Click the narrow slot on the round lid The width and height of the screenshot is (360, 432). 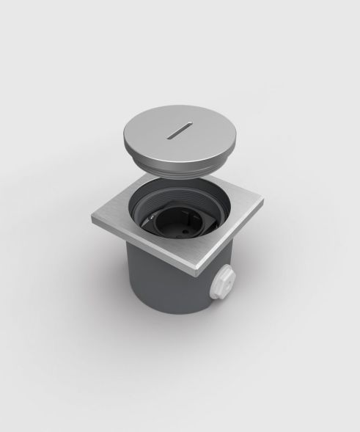pos(180,134)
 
